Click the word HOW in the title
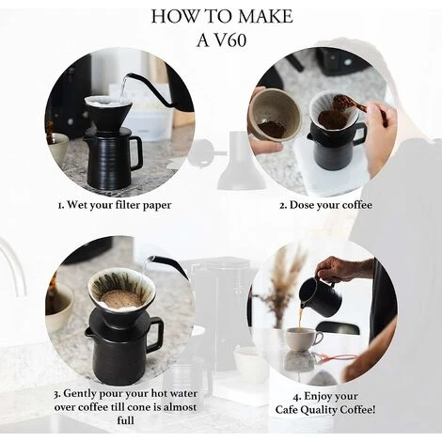[173, 16]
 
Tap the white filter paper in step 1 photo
[110, 103]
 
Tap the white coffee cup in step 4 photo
[302, 339]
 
